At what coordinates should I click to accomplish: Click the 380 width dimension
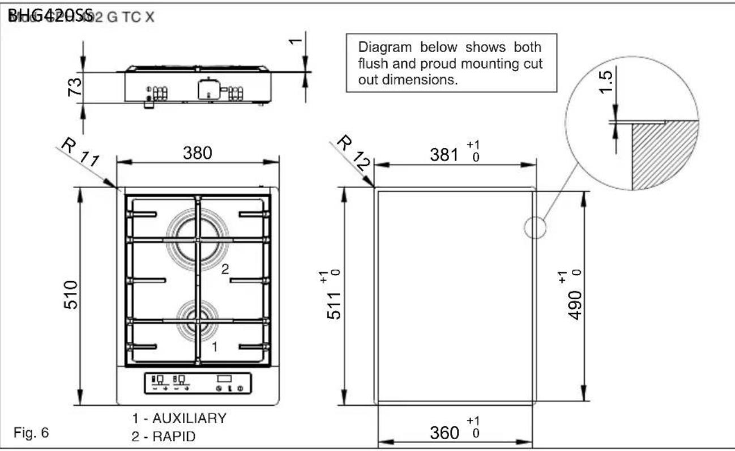[198, 153]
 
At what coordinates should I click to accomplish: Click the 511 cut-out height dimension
[335, 300]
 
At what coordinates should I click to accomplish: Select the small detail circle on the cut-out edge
[534, 228]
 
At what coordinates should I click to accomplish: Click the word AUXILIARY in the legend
[189, 419]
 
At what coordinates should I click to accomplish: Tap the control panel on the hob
[196, 384]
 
